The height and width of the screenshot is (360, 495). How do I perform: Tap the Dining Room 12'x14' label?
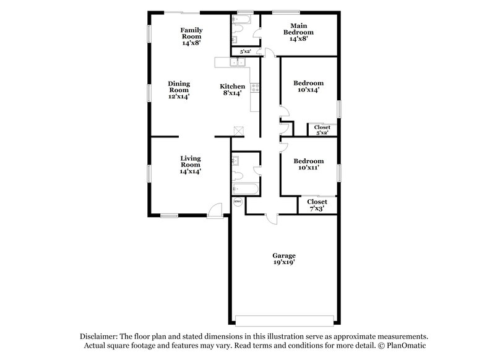coord(179,90)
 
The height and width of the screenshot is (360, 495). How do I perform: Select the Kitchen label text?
coord(233,90)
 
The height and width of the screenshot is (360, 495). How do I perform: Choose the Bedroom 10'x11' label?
coord(308,164)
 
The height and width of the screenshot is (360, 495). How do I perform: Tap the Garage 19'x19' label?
coord(284,259)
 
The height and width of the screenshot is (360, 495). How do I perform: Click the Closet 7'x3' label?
coord(317,205)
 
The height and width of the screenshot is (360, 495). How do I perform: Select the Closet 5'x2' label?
coord(322,130)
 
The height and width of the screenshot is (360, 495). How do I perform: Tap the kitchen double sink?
coord(237,62)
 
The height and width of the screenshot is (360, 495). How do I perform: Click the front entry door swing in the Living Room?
coord(214,210)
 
